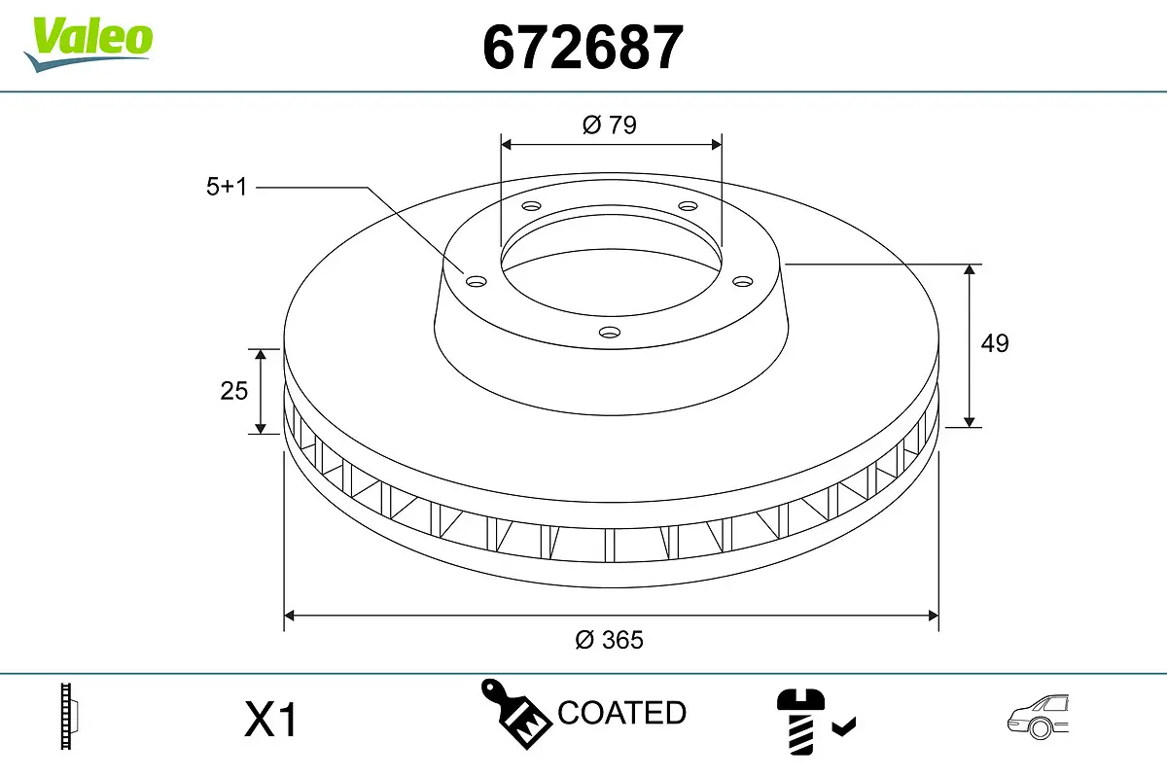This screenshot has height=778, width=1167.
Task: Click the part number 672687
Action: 583,47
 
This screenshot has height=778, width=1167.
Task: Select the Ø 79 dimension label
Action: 610,124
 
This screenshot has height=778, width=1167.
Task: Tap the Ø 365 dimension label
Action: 610,640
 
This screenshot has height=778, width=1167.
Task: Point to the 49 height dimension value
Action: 994,343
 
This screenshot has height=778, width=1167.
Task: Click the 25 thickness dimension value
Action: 234,391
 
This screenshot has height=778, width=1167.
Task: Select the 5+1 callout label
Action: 227,188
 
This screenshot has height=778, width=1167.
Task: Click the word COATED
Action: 621,713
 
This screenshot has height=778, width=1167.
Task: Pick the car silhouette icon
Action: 1038,717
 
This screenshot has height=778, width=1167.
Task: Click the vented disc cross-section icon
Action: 68,716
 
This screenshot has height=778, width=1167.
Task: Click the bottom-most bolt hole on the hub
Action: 610,333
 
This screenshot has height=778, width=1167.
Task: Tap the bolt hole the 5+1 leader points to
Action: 476,282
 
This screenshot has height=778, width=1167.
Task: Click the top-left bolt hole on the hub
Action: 530,206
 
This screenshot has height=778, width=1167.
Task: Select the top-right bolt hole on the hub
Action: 688,206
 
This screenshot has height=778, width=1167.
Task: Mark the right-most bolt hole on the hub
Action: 743,281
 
